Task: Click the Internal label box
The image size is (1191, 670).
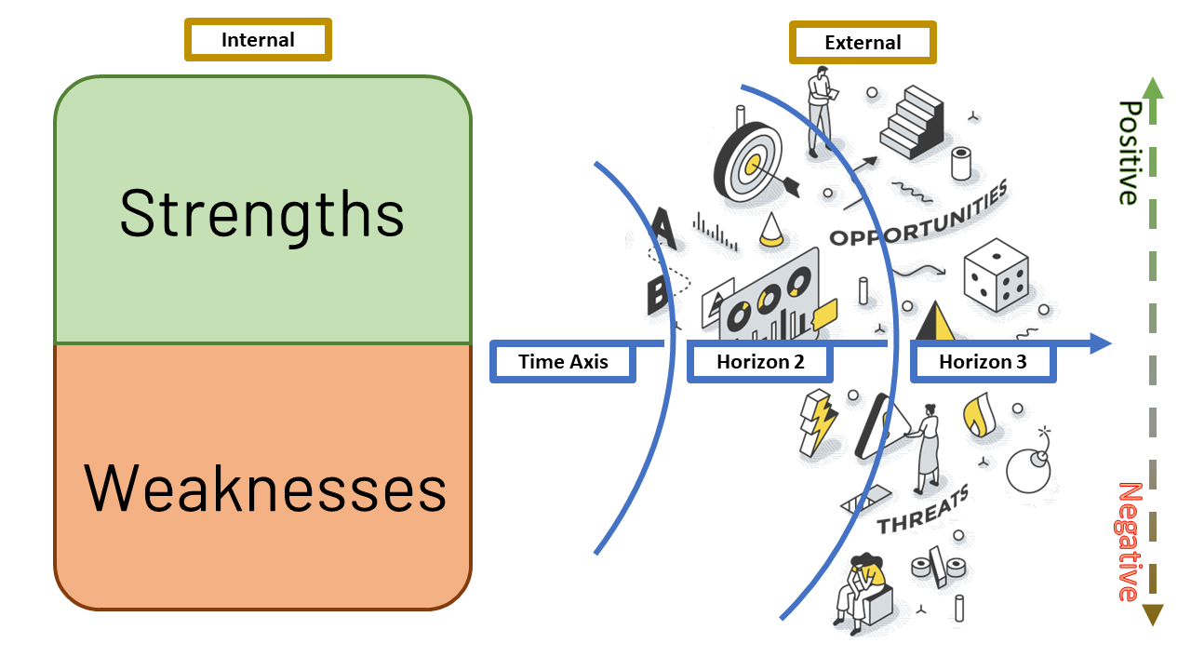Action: (x=258, y=40)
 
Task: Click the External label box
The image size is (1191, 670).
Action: (x=863, y=43)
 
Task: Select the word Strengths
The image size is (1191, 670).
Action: (x=262, y=213)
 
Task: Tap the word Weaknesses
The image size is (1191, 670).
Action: (x=265, y=488)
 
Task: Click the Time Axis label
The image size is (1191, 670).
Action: (x=563, y=362)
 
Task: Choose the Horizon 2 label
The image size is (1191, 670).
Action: (x=760, y=362)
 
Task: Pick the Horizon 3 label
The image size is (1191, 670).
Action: (x=983, y=362)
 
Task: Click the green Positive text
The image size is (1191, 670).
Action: (x=1128, y=152)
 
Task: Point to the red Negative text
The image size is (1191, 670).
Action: (x=1128, y=542)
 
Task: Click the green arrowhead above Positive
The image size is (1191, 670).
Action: (x=1152, y=87)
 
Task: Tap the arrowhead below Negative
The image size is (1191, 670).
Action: (x=1152, y=614)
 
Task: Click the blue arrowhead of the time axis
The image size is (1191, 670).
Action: (x=1101, y=343)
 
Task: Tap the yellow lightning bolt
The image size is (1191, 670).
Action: (x=819, y=423)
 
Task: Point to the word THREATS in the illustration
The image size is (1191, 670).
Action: (x=923, y=510)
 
